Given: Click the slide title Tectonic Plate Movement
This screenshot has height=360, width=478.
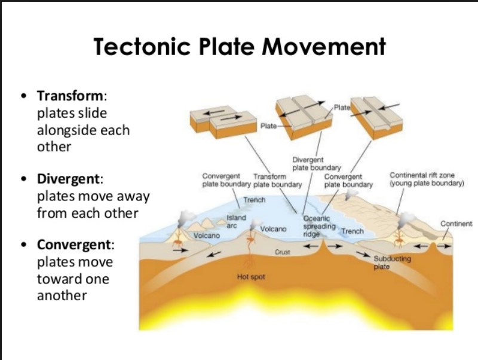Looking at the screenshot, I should coord(239,47).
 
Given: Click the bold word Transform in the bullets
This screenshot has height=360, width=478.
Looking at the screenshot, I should coord(71,96).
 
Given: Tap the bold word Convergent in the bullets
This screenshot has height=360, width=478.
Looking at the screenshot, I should coord(75,245).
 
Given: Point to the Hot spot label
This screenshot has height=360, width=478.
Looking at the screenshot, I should coord(251,277).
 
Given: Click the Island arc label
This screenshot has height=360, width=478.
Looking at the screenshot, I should coord(235,222).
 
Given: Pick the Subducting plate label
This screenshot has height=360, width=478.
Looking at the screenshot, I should coord(391,263).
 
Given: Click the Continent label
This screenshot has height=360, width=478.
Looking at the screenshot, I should coord(456,224).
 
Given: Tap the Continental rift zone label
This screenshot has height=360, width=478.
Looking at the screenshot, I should coord(426,179).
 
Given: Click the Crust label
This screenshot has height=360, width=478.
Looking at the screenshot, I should coord(282,252).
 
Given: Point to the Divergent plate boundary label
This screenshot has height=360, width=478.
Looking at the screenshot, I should coord(316,164).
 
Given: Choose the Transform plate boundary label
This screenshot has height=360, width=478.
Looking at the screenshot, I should coord(277,181).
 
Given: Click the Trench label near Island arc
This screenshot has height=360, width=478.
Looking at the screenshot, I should coord(254,200).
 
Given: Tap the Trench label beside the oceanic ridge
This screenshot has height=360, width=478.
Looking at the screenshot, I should coord(352,231).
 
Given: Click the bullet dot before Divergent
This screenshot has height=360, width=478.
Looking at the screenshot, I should coord(23,179).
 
